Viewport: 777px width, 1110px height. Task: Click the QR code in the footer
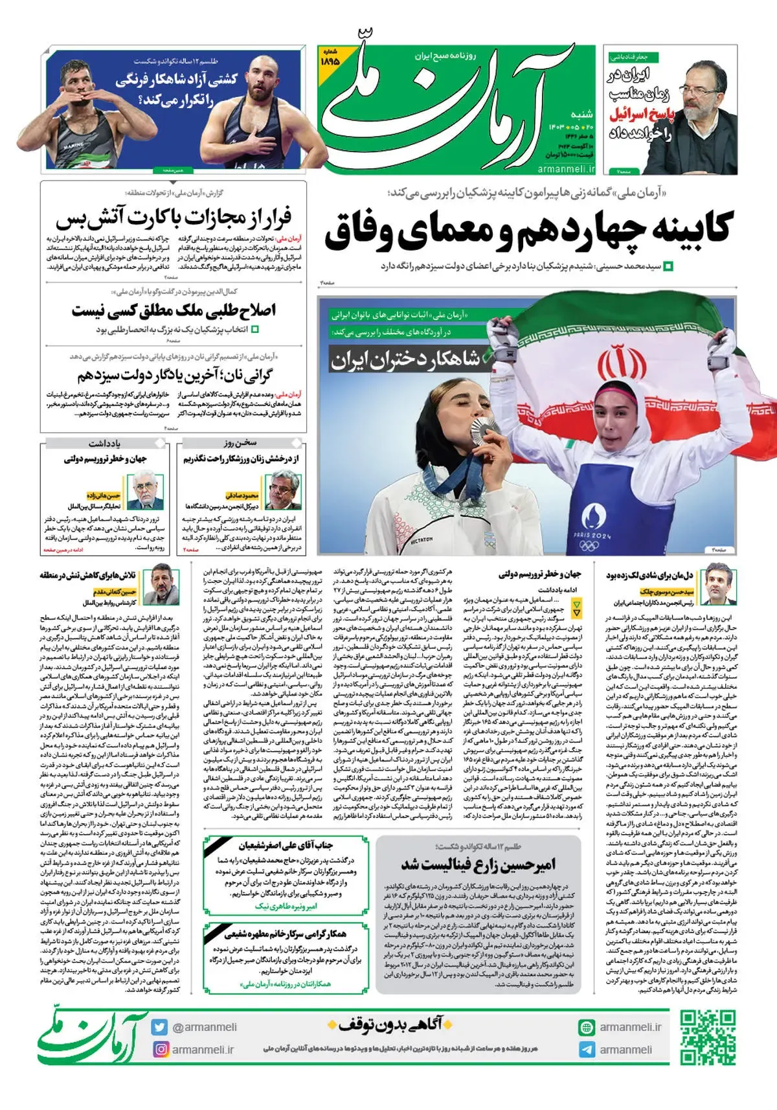pyautogui.click(x=708, y=1037)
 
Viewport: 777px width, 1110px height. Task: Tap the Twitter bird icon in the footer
pyautogui.click(x=159, y=1027)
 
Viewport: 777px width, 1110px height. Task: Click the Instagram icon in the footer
pyautogui.click(x=160, y=1049)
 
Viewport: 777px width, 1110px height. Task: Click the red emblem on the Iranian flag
pyautogui.click(x=613, y=363)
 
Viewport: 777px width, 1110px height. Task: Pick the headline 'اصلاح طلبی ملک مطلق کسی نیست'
pyautogui.click(x=174, y=310)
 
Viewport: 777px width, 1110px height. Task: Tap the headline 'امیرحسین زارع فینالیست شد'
pyautogui.click(x=478, y=865)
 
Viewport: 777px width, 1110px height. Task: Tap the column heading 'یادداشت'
pyautogui.click(x=104, y=444)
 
